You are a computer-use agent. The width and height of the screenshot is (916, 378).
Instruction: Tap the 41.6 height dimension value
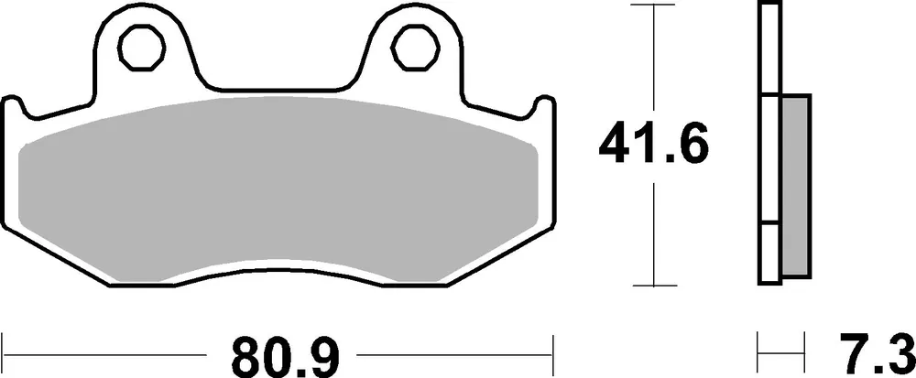pos(653,145)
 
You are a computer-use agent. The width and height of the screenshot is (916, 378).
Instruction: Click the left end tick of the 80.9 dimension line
pos(6,352)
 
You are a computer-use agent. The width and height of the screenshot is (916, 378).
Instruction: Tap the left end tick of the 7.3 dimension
pos(759,352)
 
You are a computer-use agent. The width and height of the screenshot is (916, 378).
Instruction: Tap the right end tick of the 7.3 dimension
pos(810,352)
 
